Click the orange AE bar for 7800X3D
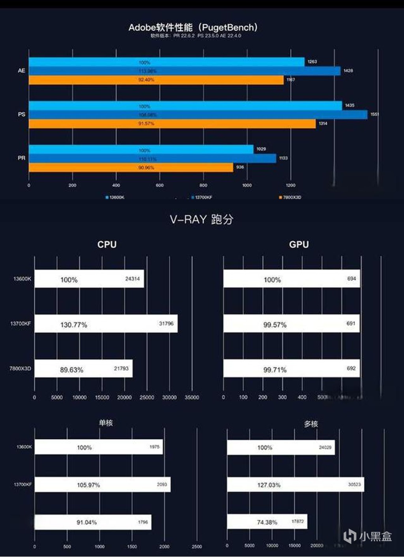[156, 80]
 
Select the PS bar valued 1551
[197, 115]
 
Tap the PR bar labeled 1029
[141, 150]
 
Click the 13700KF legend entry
[202, 197]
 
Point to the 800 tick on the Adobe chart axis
[203, 185]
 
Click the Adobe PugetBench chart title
[193, 28]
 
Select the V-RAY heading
[201, 219]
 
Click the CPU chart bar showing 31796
[106, 324]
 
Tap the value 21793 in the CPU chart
[121, 369]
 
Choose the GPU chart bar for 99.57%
[291, 324]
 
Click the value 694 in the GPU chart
[352, 279]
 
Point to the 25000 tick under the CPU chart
[147, 397]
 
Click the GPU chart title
[299, 244]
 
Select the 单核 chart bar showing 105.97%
[103, 484]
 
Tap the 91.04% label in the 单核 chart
[86, 522]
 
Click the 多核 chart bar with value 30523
[295, 484]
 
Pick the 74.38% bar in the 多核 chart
[267, 522]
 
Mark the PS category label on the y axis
[22, 114]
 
